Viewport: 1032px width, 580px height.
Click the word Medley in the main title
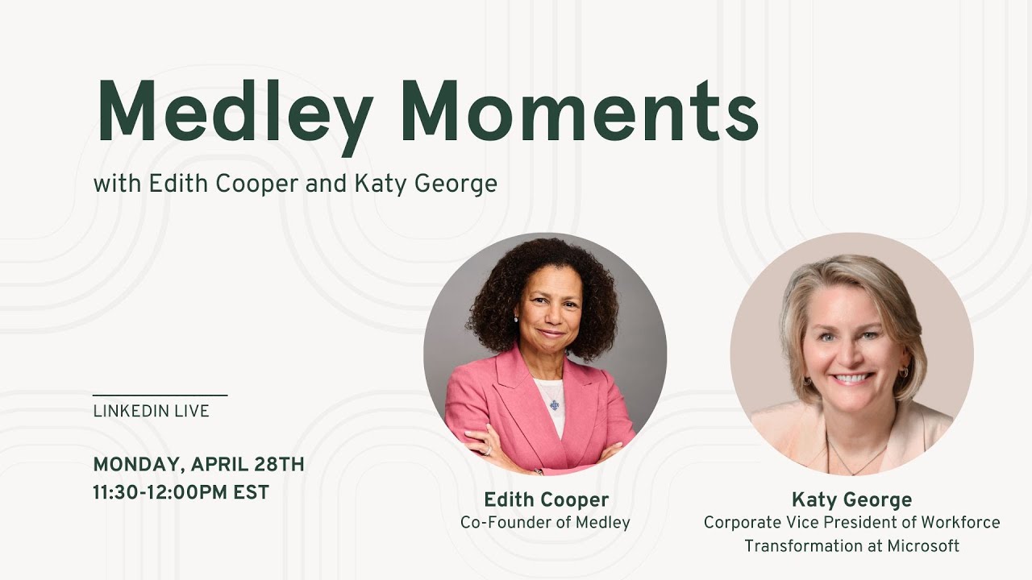(234, 113)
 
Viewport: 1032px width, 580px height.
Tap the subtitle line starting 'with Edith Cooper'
(295, 184)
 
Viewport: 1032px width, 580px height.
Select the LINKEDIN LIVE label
(152, 411)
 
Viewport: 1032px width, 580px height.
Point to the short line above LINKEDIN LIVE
(160, 396)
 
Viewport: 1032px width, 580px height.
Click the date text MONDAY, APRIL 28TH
(198, 464)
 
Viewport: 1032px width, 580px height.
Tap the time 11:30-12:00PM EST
(181, 491)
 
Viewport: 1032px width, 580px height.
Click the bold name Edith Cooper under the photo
(546, 499)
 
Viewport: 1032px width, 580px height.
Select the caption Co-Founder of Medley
(545, 522)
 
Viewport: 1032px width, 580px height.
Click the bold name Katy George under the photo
(851, 499)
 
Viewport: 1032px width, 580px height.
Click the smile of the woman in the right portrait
(851, 378)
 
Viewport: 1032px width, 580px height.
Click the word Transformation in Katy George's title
(813, 546)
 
